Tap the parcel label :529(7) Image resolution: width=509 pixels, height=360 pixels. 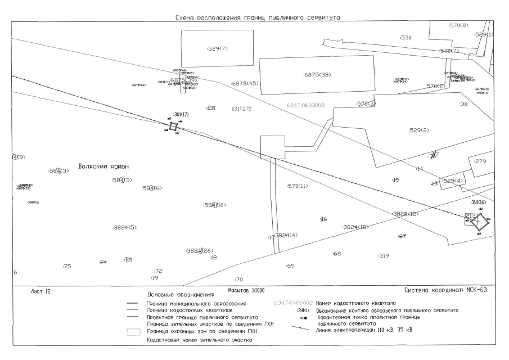point(217,48)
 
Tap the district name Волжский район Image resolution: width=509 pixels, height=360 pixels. point(103,166)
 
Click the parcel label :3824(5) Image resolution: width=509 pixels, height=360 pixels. point(124,227)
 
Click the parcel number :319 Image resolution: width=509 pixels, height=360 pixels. point(384,255)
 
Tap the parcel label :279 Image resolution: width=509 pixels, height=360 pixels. point(480,161)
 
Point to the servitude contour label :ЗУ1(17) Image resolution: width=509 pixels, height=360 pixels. point(181,114)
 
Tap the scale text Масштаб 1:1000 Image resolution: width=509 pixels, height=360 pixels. point(247,290)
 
